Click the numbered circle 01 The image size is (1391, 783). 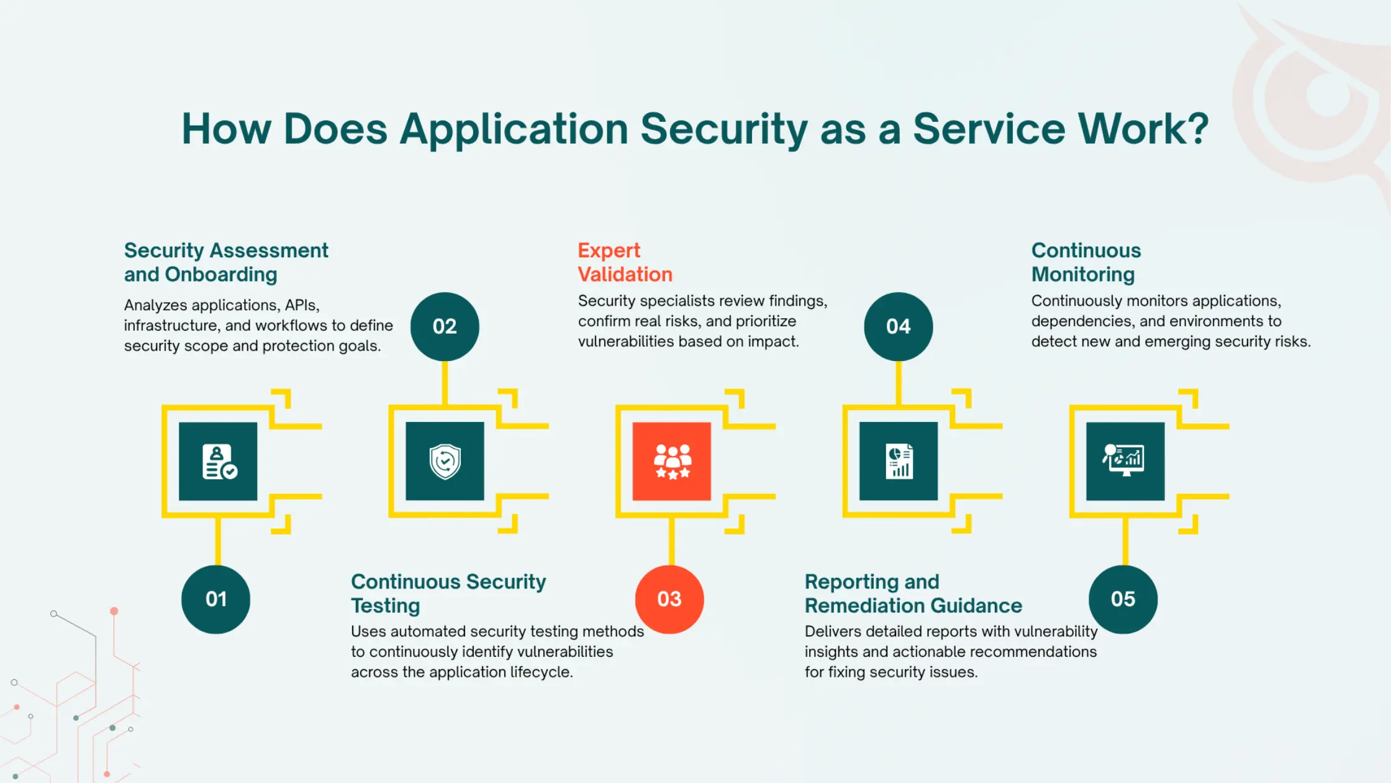(x=215, y=599)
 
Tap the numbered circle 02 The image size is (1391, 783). (x=445, y=326)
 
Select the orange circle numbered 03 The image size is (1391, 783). (x=669, y=599)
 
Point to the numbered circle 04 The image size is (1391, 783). (x=899, y=326)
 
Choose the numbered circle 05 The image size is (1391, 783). (x=1123, y=599)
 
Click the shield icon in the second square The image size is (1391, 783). (x=445, y=461)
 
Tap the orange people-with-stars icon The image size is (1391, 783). (x=672, y=461)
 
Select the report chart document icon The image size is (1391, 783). (x=899, y=461)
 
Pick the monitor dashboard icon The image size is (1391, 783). (x=1125, y=460)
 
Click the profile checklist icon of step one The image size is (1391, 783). (x=219, y=462)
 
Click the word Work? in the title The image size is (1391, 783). (x=1143, y=129)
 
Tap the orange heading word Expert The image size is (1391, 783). (x=609, y=250)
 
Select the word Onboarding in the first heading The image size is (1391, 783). (x=221, y=275)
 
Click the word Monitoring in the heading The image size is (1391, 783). (x=1083, y=275)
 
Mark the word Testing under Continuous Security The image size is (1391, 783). (x=386, y=606)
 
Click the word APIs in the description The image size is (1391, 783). (x=302, y=305)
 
